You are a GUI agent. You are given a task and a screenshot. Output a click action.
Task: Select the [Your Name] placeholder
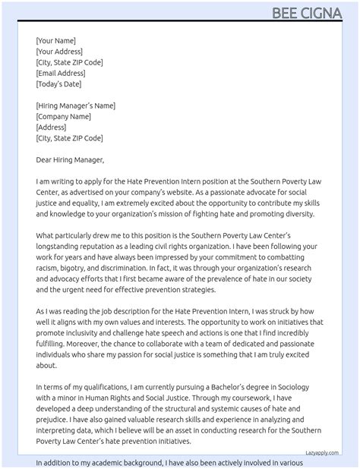[x=55, y=40]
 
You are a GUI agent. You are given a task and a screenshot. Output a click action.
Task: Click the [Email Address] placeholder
[x=60, y=74]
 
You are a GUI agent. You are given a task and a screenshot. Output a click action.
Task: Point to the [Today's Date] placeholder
[x=58, y=84]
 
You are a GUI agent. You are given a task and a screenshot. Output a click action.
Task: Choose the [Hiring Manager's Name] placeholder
[x=75, y=105]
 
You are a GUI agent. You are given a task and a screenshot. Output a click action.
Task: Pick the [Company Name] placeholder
[x=64, y=117]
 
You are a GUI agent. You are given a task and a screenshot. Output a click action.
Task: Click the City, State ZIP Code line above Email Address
[x=69, y=62]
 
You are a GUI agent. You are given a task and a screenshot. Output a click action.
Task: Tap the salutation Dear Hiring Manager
[x=70, y=160]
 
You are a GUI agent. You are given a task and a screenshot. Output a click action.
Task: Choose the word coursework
[x=265, y=398]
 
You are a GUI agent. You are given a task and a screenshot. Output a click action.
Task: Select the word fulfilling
[x=55, y=344]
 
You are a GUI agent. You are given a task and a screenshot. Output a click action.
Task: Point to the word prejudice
[x=55, y=420]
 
